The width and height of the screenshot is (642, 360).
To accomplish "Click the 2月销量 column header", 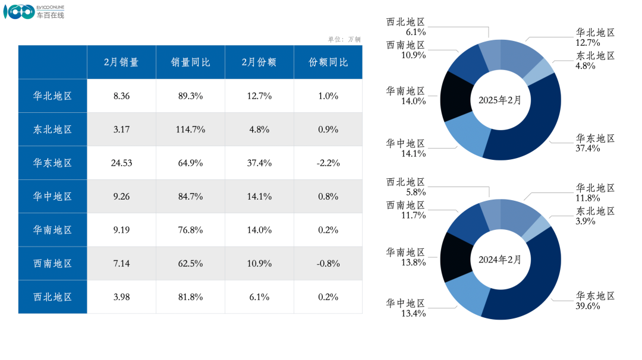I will click(121, 62).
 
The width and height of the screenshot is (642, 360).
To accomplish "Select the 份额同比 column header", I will click(328, 62).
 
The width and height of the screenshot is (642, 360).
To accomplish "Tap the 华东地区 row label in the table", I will click(53, 163).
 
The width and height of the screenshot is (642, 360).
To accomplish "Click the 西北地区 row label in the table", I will click(53, 297).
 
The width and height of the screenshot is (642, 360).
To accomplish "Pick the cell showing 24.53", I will click(121, 163).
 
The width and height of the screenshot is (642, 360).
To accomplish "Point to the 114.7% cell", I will click(190, 130).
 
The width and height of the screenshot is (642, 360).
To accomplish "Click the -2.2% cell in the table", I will click(328, 163).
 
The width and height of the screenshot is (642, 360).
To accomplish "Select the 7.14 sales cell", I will click(121, 263).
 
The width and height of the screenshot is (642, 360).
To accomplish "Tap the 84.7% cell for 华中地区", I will click(190, 197).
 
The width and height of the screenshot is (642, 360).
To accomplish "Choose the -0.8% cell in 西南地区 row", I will click(328, 263).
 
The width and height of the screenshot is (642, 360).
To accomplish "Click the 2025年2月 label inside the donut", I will click(500, 100).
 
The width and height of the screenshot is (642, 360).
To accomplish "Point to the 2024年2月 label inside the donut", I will click(500, 260).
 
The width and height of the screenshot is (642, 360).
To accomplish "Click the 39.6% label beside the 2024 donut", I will click(588, 306).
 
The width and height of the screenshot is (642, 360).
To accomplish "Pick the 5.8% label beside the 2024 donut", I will click(414, 192).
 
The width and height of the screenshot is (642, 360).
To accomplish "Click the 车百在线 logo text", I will click(50, 15).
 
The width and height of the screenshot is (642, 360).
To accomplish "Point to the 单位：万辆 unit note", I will click(344, 39).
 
